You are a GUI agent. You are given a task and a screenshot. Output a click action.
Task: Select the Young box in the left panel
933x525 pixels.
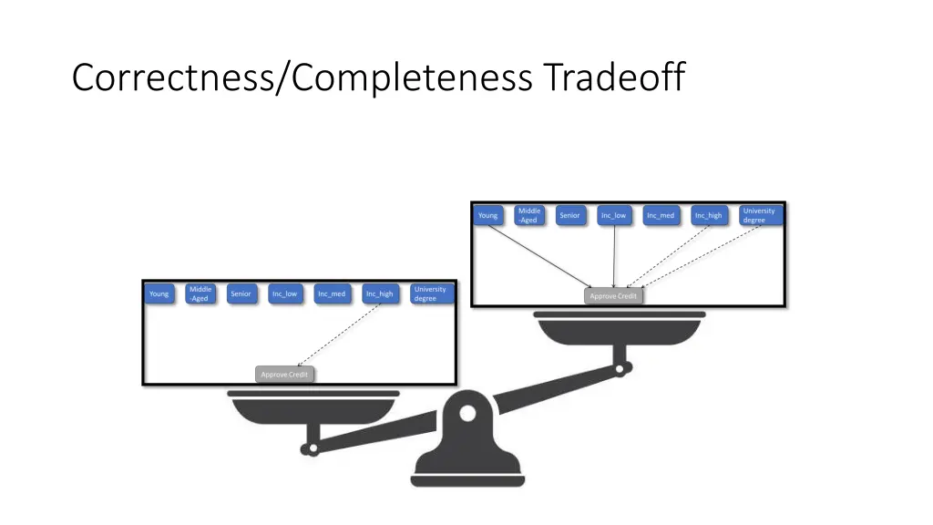[159, 294]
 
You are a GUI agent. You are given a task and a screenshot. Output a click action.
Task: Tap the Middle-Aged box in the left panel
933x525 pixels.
[200, 293]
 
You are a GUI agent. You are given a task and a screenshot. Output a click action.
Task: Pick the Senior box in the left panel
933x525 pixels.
[241, 294]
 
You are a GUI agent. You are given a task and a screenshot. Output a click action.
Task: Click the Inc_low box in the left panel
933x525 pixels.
[285, 294]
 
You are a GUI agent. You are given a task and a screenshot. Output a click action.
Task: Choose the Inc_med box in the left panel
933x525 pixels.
[332, 294]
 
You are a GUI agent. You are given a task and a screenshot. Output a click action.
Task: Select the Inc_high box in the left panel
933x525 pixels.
[380, 294]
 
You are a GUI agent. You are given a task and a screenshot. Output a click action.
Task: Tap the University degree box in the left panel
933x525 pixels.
[430, 293]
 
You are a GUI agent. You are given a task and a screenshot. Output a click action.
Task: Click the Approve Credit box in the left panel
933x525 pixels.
[285, 375]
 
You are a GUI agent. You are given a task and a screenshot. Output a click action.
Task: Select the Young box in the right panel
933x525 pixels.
[488, 216]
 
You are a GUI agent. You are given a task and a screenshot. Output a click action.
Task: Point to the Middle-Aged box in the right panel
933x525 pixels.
[529, 215]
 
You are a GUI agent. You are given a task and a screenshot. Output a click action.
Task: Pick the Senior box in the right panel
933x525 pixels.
[569, 216]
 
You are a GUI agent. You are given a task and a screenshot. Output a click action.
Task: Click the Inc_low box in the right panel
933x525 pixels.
[613, 216]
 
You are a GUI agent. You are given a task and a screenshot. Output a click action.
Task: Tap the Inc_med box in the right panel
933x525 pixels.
[661, 216]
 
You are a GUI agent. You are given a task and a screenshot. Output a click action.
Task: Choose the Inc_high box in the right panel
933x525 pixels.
[708, 216]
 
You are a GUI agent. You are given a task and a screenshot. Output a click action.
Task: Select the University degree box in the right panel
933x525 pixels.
[759, 215]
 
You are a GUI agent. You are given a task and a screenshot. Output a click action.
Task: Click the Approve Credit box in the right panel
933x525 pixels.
[613, 296]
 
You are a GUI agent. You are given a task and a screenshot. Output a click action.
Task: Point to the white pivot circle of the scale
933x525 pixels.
[467, 414]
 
